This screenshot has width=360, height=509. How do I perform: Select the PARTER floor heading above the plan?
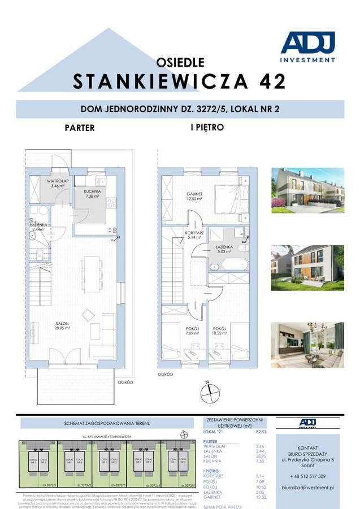point(80,128)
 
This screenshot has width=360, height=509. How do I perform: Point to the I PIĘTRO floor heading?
point(207,128)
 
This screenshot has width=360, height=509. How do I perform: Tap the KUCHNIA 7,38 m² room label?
point(93,194)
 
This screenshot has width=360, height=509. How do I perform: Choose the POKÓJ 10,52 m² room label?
point(220,331)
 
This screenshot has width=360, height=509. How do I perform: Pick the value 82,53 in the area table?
point(261,431)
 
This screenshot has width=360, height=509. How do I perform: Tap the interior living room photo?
point(307,345)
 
